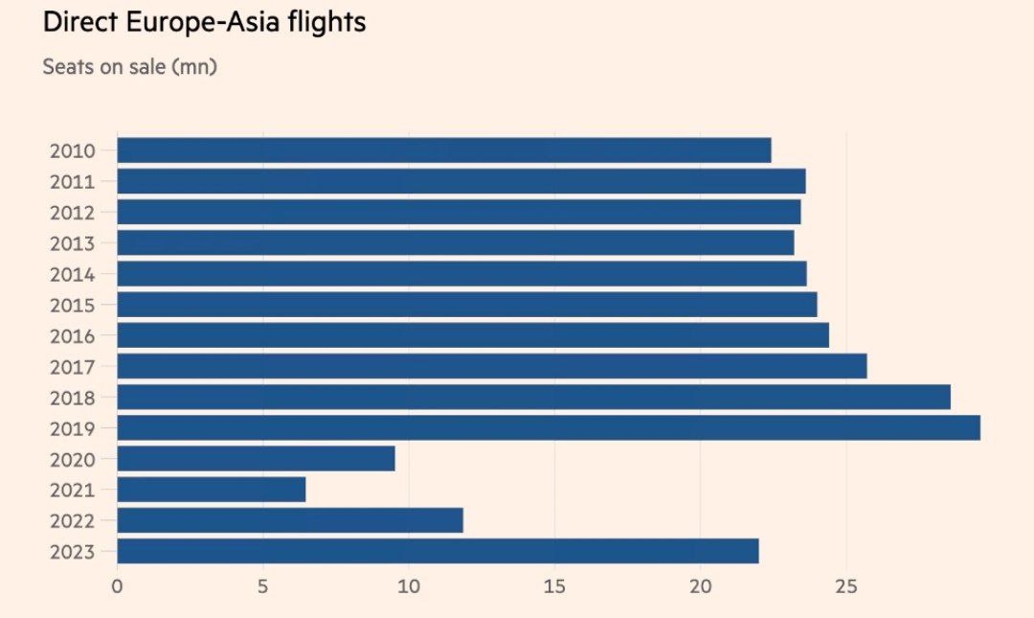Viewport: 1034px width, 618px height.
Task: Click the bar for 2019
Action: pos(548,427)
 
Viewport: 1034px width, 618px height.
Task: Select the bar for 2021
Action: pos(211,490)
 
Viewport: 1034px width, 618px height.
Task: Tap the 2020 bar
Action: pos(256,459)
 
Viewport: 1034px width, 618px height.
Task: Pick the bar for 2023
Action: pos(438,551)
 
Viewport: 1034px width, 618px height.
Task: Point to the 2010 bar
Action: pos(443,150)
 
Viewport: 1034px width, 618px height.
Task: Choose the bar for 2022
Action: pos(289,520)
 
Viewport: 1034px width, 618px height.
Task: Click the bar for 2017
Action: pos(491,366)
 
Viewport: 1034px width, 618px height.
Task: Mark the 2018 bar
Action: pos(533,397)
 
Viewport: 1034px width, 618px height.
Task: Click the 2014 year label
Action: pos(72,275)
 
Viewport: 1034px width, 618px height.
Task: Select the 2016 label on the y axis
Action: pos(72,336)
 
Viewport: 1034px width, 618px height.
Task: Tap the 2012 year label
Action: pos(72,213)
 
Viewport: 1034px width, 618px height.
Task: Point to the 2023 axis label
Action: pos(72,552)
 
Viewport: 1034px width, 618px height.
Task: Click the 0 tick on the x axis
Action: pos(117,585)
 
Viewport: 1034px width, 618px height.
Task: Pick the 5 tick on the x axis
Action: pos(263,585)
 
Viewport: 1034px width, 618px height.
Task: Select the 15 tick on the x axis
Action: pos(554,585)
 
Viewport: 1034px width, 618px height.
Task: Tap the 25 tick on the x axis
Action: pos(846,585)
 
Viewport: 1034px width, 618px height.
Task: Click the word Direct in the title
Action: pos(84,23)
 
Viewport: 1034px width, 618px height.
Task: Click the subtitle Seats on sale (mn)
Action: pos(129,68)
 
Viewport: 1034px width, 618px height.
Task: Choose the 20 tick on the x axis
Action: pos(701,585)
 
